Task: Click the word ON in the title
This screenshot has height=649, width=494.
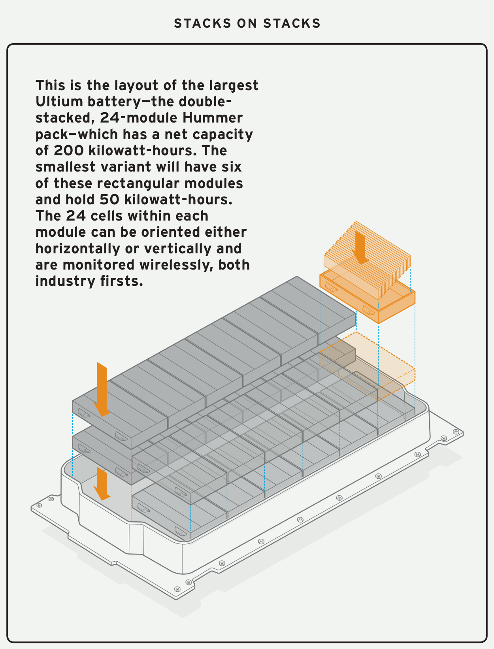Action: (247, 23)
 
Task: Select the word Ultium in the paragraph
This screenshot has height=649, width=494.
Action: (59, 102)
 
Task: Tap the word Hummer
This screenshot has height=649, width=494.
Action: (213, 118)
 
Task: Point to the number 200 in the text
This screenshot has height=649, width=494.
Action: (69, 151)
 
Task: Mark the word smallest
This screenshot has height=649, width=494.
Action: (65, 167)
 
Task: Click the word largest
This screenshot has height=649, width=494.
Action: (234, 86)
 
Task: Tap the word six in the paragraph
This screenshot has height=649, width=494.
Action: (232, 167)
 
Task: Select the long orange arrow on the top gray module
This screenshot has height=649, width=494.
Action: (102, 389)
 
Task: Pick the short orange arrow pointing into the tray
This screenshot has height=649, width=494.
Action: (102, 483)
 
